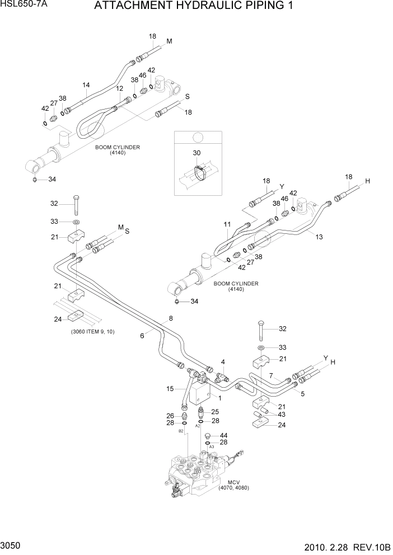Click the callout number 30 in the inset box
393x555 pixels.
[196, 153]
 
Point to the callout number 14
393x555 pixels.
[86, 86]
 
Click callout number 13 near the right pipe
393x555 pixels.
[319, 237]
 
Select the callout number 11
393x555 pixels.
[227, 224]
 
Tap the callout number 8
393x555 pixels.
[171, 319]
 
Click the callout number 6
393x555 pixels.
[142, 335]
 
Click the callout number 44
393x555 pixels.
[223, 435]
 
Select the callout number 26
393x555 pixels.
[171, 415]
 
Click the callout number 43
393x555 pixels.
[282, 414]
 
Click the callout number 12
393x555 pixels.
[119, 88]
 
